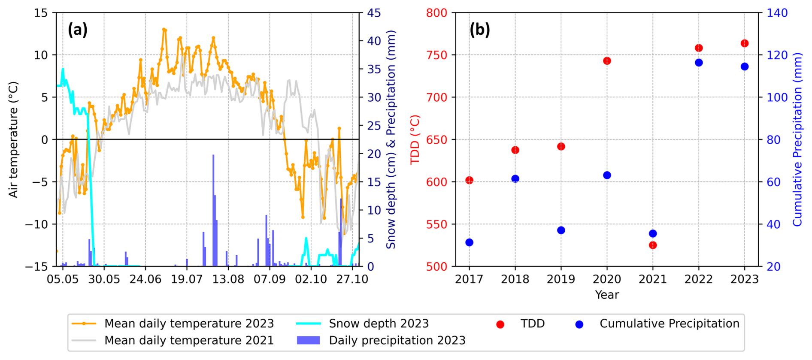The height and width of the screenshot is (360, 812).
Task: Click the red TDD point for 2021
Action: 653,245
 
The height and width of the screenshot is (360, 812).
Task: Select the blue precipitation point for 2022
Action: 699,63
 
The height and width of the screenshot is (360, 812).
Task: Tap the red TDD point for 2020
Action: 607,61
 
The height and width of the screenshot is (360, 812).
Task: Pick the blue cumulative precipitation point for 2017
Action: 469,242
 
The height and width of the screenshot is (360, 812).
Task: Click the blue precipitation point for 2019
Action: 561,230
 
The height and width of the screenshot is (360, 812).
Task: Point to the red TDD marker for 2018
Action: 515,150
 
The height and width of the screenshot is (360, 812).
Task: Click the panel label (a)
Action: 78,30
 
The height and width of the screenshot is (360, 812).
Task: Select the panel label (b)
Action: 479,30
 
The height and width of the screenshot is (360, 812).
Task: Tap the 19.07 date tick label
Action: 187,279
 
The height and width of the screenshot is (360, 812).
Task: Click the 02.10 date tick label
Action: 311,279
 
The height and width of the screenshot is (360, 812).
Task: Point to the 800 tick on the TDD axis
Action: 436,13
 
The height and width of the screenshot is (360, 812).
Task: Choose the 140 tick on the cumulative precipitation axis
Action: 777,13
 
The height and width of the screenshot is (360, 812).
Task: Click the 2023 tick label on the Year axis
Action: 744,279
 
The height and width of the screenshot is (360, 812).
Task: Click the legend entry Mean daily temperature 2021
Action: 189,340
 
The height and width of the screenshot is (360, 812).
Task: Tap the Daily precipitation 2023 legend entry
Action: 397,340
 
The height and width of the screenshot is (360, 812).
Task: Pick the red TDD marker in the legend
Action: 500,324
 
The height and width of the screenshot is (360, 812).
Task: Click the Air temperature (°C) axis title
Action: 13,139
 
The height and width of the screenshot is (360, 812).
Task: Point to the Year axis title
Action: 607,295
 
